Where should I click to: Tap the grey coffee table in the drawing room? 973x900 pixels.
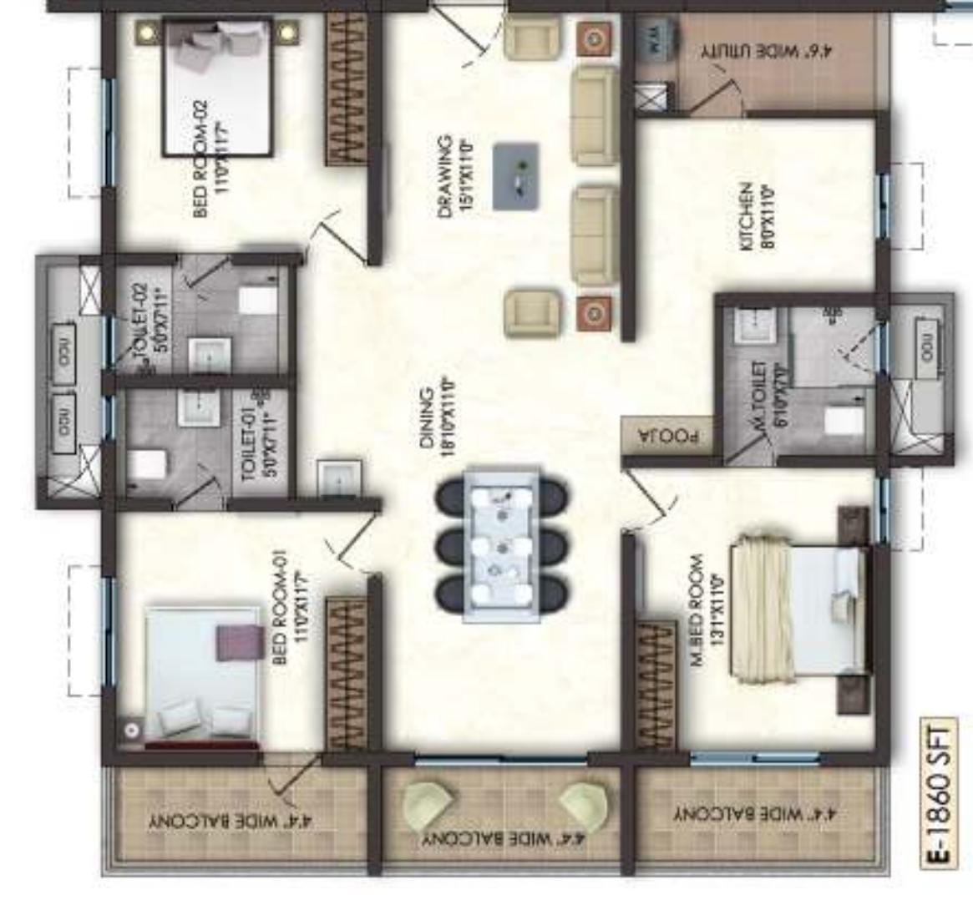(515, 176)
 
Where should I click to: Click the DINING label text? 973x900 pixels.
(438, 417)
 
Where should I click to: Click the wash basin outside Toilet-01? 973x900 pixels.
(338, 480)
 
